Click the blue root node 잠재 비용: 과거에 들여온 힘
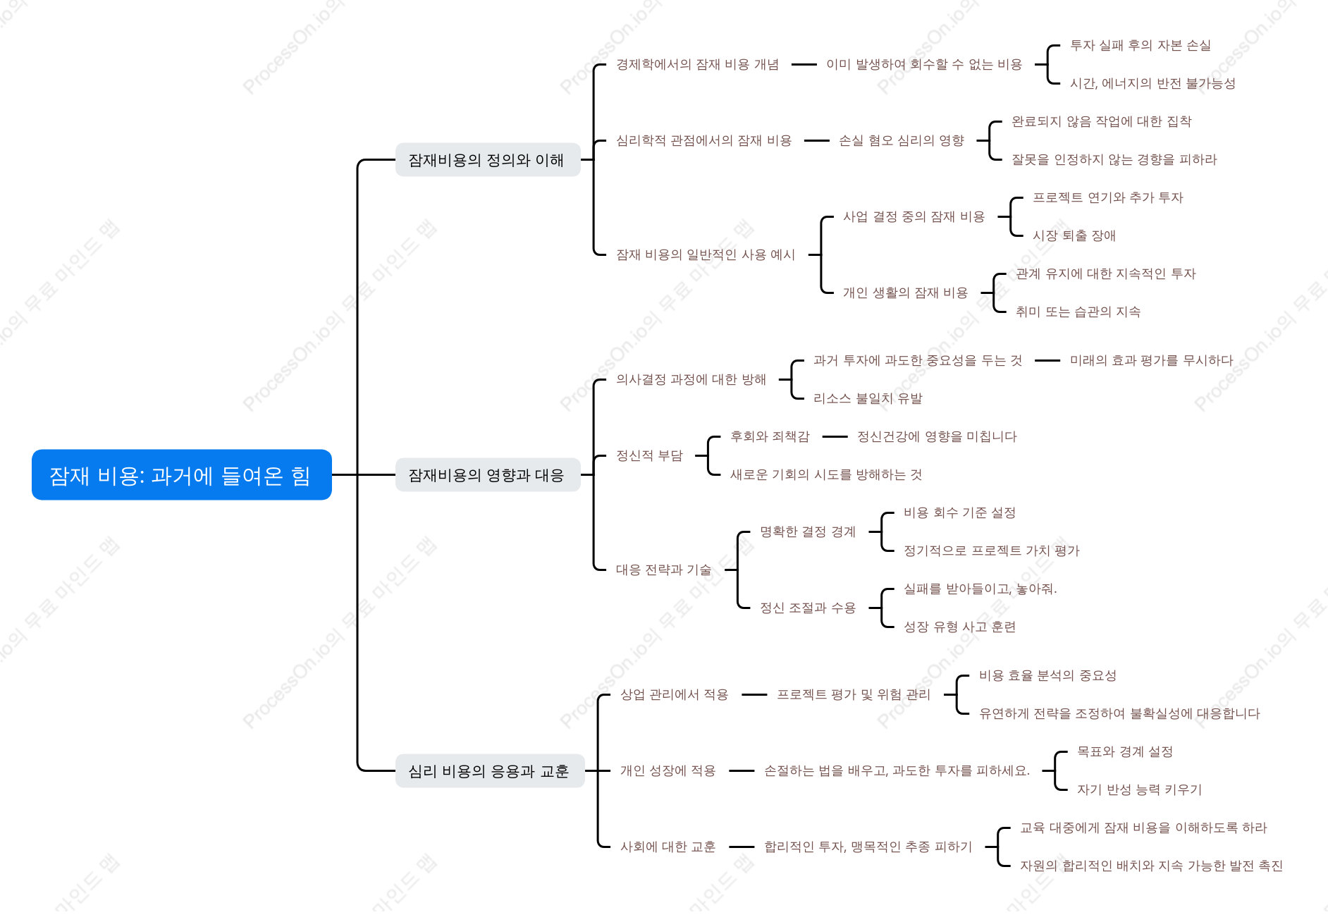pyautogui.click(x=181, y=475)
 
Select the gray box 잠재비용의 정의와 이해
pyautogui.click(x=487, y=160)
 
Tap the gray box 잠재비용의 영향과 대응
pyautogui.click(x=487, y=475)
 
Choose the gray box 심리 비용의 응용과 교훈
pyautogui.click(x=489, y=771)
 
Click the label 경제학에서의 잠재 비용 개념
pyautogui.click(x=697, y=65)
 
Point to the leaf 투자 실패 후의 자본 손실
pyautogui.click(x=1141, y=46)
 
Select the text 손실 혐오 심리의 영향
pyautogui.click(x=901, y=141)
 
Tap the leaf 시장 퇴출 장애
pyautogui.click(x=1074, y=235)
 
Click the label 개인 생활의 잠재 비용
pyautogui.click(x=905, y=293)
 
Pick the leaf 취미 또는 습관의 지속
pyautogui.click(x=1078, y=312)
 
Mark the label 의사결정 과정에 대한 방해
pyautogui.click(x=691, y=380)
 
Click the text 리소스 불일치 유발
pyautogui.click(x=868, y=399)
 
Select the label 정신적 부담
pyautogui.click(x=649, y=456)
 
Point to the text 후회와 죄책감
pyautogui.click(x=770, y=437)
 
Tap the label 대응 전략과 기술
pyautogui.click(x=663, y=570)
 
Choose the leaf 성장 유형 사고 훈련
pyautogui.click(x=959, y=627)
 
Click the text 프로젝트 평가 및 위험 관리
pyautogui.click(x=853, y=695)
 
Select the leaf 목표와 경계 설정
pyautogui.click(x=1124, y=752)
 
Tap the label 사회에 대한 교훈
pyautogui.click(x=668, y=847)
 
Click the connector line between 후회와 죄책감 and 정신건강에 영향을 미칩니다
pyautogui.click(x=835, y=437)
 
